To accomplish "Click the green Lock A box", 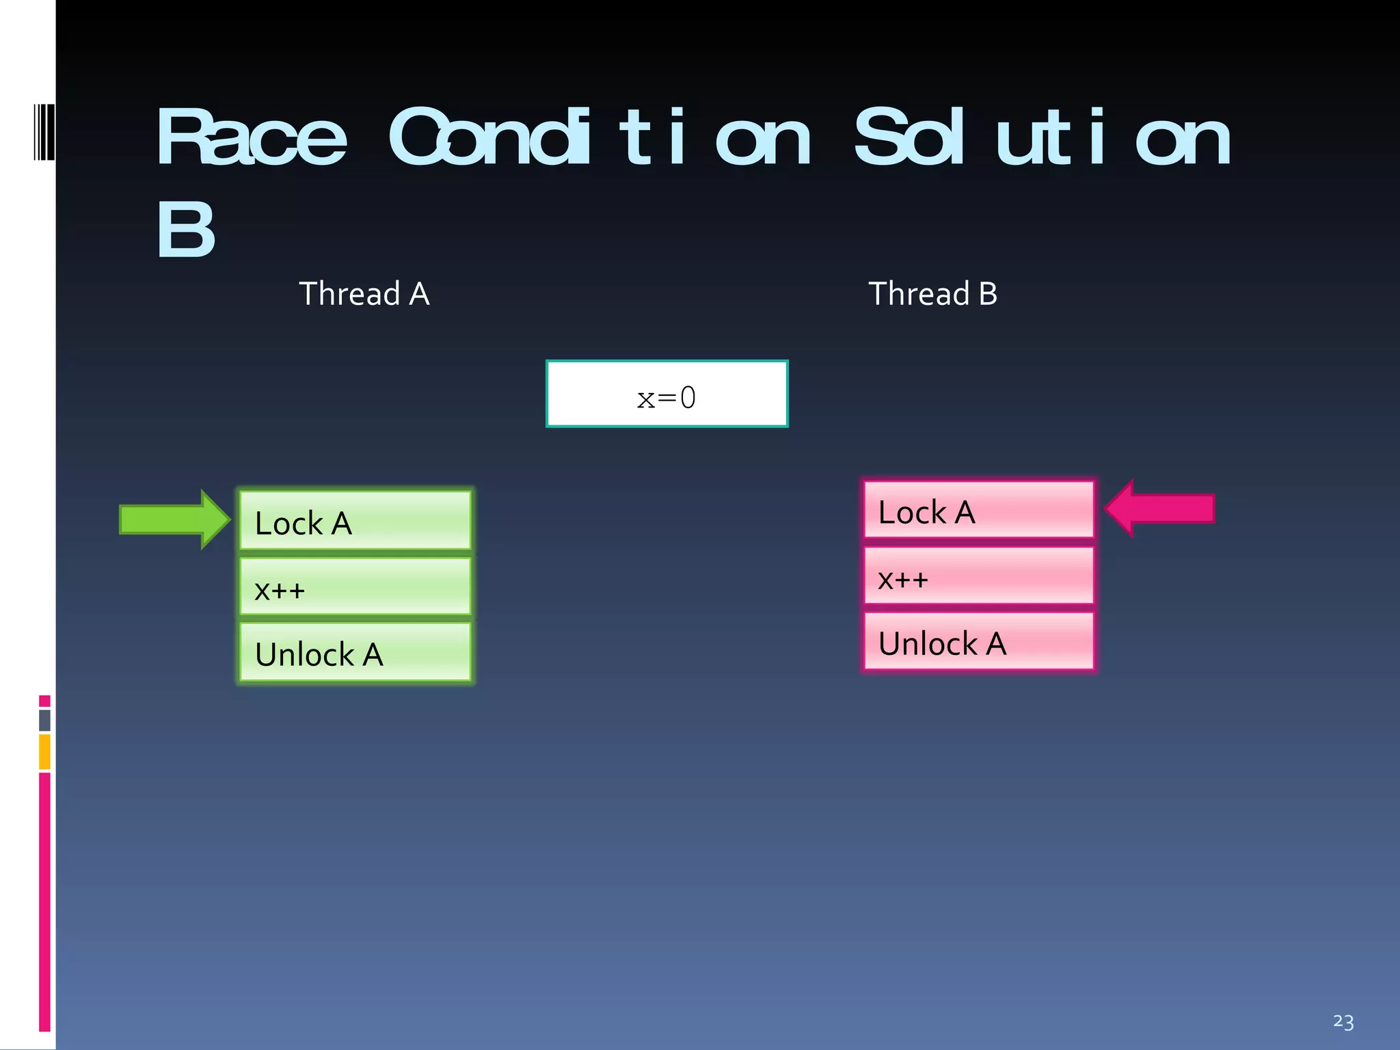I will pyautogui.click(x=355, y=520).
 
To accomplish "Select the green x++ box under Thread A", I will pyautogui.click(x=355, y=587).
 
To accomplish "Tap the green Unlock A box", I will pyautogui.click(x=355, y=652).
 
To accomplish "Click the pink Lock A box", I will pyautogui.click(x=978, y=510).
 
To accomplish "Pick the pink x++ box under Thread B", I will pyautogui.click(x=978, y=576).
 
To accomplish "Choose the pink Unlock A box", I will pyautogui.click(x=978, y=641).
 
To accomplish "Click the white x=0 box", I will pyautogui.click(x=667, y=394).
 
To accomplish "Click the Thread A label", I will pyautogui.click(x=364, y=294).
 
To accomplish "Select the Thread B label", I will pyautogui.click(x=932, y=294).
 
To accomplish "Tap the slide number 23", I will pyautogui.click(x=1343, y=1022).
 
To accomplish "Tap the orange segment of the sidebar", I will pyautogui.click(x=44, y=751).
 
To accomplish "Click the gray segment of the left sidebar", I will pyautogui.click(x=44, y=720).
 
